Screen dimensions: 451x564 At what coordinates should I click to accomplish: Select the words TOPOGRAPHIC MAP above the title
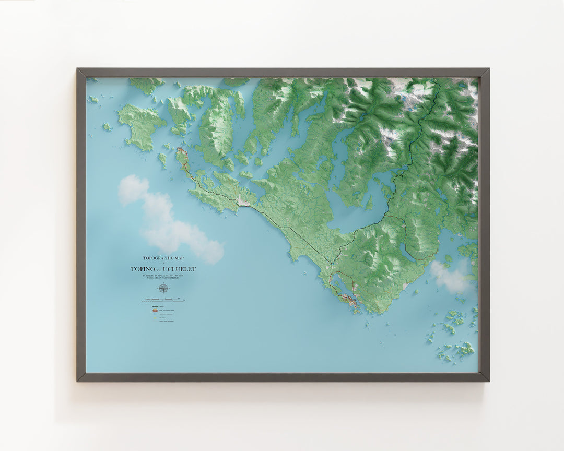(163, 258)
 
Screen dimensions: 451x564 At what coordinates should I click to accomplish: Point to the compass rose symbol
(163, 288)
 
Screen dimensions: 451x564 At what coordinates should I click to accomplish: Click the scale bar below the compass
(163, 301)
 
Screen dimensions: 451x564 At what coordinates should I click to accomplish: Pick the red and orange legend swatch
(155, 310)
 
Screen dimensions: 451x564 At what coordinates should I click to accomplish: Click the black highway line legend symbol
(155, 306)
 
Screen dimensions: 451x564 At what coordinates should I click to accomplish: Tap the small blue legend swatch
(155, 314)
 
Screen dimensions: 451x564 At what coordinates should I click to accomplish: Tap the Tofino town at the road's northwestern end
(181, 152)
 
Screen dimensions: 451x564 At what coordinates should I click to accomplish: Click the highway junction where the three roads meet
(332, 264)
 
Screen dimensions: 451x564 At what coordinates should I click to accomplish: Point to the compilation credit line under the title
(163, 277)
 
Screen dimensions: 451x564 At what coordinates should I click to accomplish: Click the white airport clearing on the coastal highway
(243, 201)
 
